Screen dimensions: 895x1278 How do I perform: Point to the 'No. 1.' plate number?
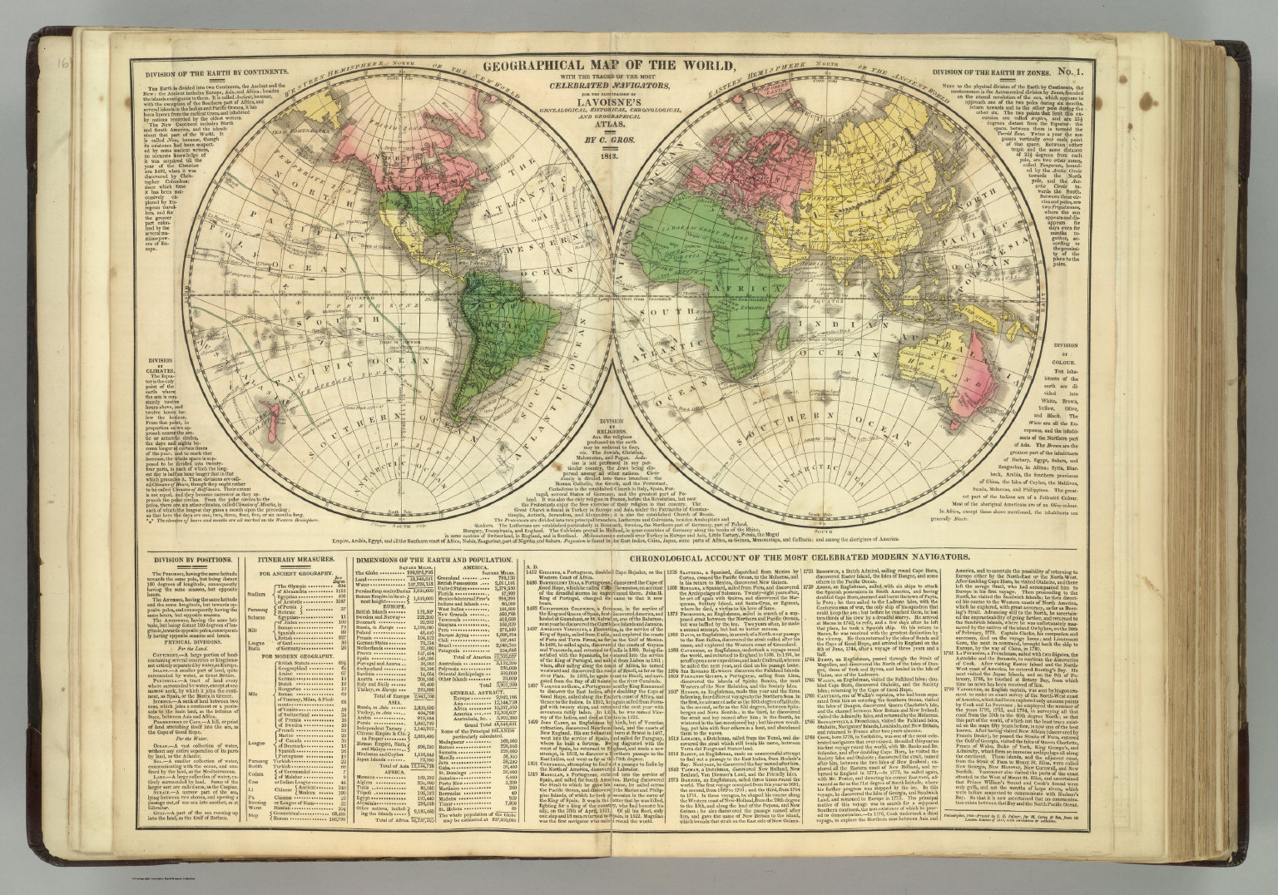pyautogui.click(x=1086, y=72)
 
